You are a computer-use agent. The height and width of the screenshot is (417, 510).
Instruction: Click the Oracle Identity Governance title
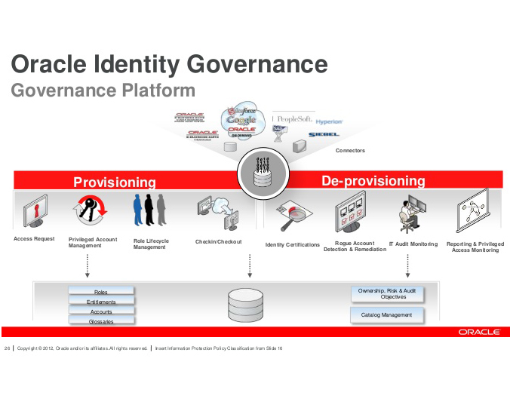170,64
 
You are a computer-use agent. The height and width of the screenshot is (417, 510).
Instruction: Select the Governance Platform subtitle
103,91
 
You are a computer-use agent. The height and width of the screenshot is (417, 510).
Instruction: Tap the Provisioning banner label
114,182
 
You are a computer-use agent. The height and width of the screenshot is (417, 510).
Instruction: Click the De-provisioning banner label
373,181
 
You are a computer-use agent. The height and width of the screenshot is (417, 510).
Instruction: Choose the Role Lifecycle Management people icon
150,210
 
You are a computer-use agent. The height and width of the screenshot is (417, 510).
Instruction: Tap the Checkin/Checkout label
218,242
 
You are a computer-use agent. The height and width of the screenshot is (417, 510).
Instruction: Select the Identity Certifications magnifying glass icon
290,217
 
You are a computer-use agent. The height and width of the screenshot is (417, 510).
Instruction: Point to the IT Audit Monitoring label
413,244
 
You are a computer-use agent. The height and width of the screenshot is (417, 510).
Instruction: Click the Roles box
101,292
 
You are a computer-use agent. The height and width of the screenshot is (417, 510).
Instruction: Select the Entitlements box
101,302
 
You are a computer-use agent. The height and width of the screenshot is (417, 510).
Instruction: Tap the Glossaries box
101,321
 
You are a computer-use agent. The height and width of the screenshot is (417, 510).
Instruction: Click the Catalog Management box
386,315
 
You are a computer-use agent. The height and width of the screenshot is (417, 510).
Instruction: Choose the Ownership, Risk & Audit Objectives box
387,293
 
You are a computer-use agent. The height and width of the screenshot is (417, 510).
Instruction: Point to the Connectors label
350,151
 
